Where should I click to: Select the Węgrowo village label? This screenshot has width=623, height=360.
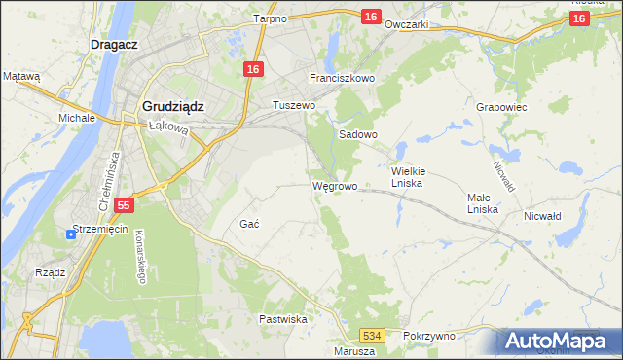click(335, 185)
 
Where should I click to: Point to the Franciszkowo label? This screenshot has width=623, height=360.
click(342, 78)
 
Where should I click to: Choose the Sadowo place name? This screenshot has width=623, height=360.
click(357, 135)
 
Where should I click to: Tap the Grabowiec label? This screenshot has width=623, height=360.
click(502, 107)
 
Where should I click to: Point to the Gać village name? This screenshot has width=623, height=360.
click(249, 224)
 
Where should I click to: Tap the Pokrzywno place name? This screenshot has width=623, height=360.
click(428, 335)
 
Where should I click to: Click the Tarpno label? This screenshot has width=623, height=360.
click(269, 18)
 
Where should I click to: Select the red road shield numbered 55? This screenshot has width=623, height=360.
click(123, 205)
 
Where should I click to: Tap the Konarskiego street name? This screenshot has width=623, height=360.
click(139, 261)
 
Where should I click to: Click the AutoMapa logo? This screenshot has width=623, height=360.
click(558, 342)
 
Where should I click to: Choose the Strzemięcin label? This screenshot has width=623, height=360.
click(101, 232)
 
